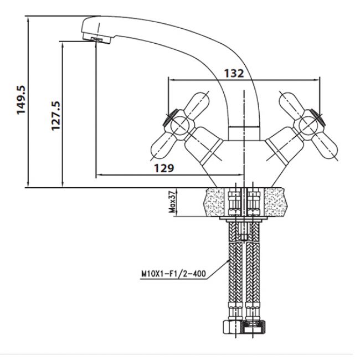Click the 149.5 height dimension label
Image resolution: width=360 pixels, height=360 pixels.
coord(21,100)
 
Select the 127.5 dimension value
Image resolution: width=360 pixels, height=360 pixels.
coord(56,116)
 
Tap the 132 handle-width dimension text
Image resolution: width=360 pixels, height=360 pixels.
coord(234,74)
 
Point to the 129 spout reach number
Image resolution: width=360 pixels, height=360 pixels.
coord(164,168)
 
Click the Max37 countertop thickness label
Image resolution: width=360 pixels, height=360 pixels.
coord(172,202)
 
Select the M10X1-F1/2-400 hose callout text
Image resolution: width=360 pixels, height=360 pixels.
coord(173,274)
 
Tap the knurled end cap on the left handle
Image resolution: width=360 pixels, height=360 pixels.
coord(169,117)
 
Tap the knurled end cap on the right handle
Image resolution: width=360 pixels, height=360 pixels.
coord(317,117)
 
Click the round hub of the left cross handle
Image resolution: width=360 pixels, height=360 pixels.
coord(179,125)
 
